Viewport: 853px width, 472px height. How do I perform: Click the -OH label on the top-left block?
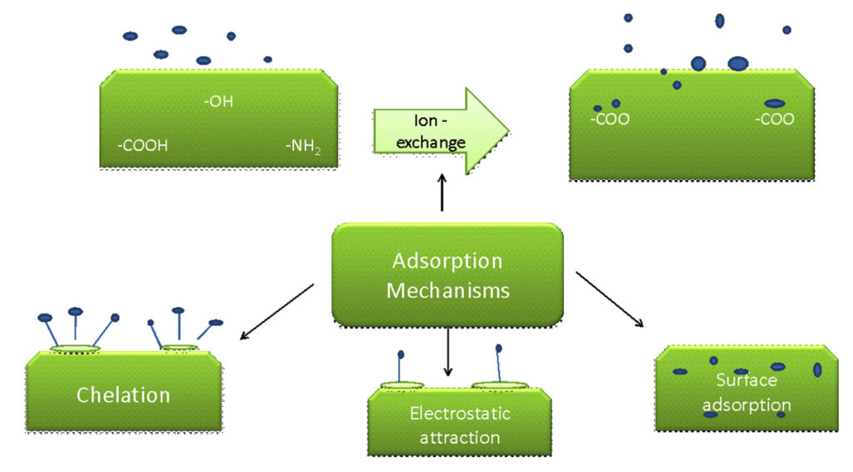point(219,103)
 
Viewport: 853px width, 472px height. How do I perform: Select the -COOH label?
point(142,145)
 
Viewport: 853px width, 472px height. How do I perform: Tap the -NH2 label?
point(302,147)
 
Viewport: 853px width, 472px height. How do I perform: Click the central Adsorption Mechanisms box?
point(447,274)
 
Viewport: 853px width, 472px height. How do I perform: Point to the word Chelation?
point(123,394)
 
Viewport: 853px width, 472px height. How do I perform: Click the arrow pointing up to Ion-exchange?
point(441,192)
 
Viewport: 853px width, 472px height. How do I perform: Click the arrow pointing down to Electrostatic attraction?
point(448,350)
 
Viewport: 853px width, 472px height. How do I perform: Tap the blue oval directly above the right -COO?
point(774,103)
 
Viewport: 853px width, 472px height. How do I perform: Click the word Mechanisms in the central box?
point(447,292)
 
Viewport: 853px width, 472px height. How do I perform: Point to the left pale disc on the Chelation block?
point(75,348)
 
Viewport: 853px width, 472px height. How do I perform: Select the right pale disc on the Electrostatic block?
point(499,386)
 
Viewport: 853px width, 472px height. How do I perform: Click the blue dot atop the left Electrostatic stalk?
point(401,354)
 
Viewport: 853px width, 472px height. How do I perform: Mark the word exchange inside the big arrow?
point(431,143)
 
